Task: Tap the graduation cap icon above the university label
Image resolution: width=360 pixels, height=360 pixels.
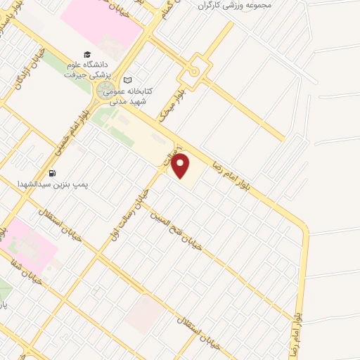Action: [x=87, y=54]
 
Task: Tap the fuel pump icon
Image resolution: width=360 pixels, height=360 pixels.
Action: [x=51, y=173]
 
